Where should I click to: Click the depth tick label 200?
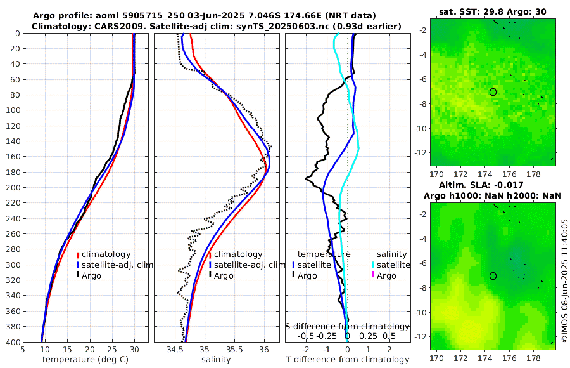tap(13, 187)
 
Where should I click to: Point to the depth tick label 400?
tap(13, 342)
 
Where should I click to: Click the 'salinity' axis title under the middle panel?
tap(216, 360)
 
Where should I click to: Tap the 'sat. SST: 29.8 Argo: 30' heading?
tap(493, 11)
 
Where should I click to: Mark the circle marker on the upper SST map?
tap(493, 92)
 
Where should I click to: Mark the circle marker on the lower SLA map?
tap(493, 276)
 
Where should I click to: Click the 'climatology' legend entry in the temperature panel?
tap(106, 254)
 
